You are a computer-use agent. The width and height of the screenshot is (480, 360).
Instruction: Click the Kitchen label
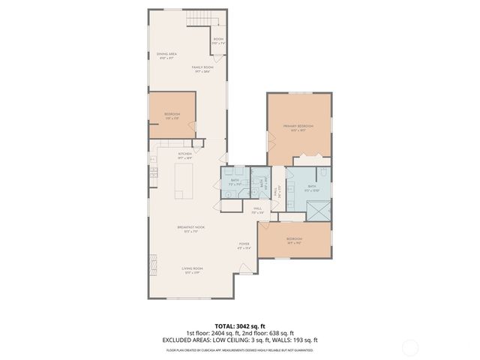pyautogui.click(x=185, y=156)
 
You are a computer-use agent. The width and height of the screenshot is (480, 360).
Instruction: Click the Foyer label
pyautogui.click(x=244, y=245)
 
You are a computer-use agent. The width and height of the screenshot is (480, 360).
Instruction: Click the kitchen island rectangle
pyautogui.click(x=184, y=181)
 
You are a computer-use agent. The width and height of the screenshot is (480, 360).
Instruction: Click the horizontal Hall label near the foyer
pyautogui.click(x=257, y=210)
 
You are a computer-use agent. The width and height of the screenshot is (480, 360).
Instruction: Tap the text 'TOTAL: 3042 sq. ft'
pyautogui.click(x=239, y=326)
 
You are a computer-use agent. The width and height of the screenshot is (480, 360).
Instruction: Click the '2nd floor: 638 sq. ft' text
pyautogui.click(x=266, y=333)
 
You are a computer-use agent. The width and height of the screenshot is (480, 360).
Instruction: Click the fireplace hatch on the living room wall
pyautogui.click(x=148, y=262)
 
